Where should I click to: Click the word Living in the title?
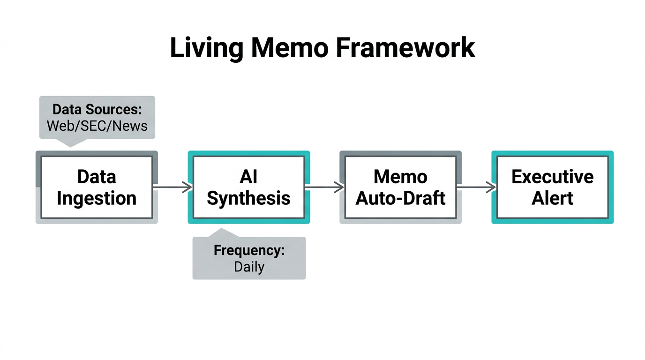[206, 48]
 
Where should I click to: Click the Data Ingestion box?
[97, 187]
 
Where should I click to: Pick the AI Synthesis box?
[248, 187]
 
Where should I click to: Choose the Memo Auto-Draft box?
[400, 187]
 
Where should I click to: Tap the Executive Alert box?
[552, 187]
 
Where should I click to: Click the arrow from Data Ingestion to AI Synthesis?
[172, 187]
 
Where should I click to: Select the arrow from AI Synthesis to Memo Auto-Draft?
[324, 187]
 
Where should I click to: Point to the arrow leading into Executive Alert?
[476, 187]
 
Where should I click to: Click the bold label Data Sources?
[97, 110]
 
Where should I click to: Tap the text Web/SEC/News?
[97, 126]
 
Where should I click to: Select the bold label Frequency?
[249, 250]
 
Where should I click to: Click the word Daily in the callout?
[249, 267]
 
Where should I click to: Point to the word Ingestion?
[97, 198]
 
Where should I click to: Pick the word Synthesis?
[248, 198]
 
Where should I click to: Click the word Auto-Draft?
[400, 198]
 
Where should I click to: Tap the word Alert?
[552, 198]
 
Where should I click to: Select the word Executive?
[552, 177]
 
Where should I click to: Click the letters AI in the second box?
[248, 177]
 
